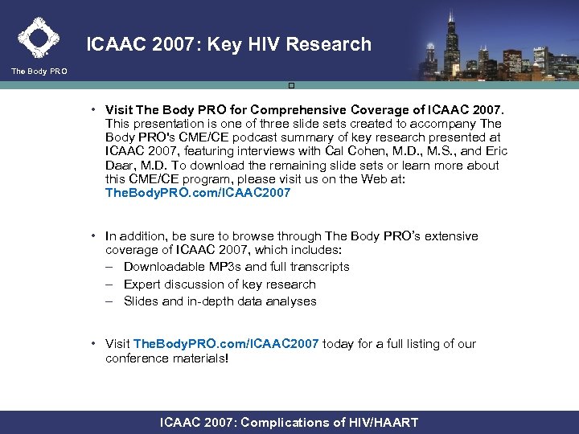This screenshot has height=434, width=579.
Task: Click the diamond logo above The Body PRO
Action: pyautogui.click(x=38, y=37)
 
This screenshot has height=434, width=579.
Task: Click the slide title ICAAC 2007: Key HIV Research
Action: pyautogui.click(x=229, y=45)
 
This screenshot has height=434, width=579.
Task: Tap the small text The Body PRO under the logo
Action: pyautogui.click(x=39, y=72)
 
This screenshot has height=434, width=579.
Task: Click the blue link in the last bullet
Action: pyautogui.click(x=227, y=344)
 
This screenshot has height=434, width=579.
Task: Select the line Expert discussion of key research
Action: pyautogui.click(x=220, y=285)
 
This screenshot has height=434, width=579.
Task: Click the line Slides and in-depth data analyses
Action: pyautogui.click(x=220, y=302)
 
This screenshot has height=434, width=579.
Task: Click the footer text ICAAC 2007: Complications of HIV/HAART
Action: pyautogui.click(x=289, y=423)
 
